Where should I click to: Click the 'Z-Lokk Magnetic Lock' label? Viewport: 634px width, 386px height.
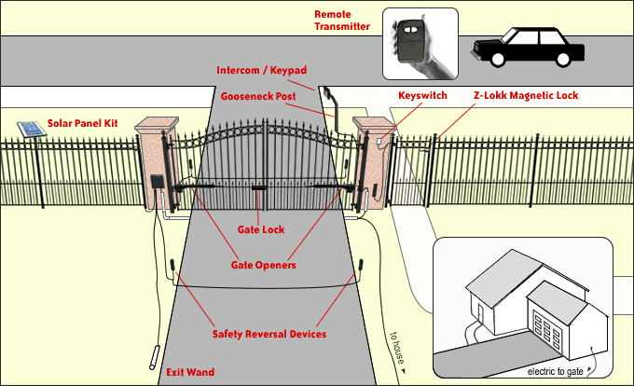[x=528, y=95]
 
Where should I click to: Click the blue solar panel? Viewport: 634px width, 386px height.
[x=29, y=130]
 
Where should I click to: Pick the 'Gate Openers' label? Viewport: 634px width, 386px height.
[x=263, y=265]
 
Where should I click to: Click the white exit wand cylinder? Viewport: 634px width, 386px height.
[x=153, y=359]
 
